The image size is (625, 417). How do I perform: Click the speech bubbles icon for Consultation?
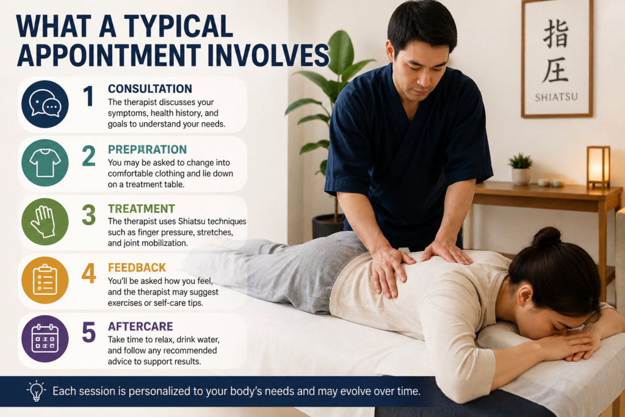(45, 103)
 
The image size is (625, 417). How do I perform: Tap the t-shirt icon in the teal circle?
(45, 162)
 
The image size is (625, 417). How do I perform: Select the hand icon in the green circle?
(44, 222)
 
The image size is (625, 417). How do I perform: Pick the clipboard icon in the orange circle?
(45, 280)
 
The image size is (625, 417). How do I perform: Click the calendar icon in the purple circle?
(45, 338)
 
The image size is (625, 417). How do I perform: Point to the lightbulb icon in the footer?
(36, 390)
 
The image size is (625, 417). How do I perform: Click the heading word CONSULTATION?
(150, 89)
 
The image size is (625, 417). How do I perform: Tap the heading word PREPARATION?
(147, 149)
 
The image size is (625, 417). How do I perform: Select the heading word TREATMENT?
(141, 209)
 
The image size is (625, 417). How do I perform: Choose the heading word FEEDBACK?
(137, 267)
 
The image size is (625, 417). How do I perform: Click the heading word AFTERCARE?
(140, 326)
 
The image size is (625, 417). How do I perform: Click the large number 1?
(89, 96)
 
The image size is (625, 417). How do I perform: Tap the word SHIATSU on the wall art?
(556, 97)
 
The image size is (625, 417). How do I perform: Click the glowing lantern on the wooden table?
(598, 167)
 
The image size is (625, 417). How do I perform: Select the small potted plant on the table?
(521, 169)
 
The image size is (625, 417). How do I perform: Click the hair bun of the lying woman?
(546, 238)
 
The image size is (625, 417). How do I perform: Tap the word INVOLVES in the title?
(269, 55)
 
